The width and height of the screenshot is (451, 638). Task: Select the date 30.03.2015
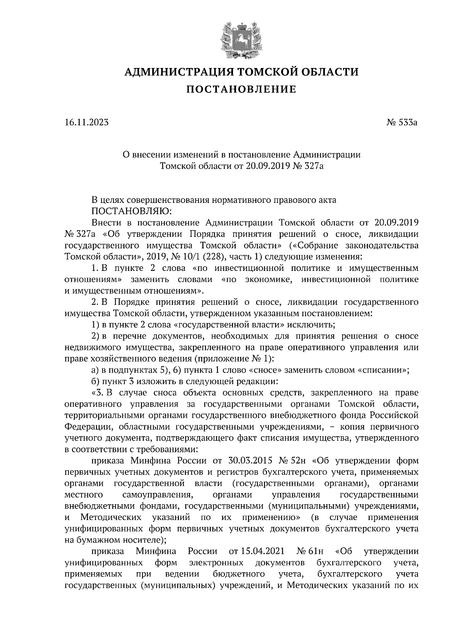250,461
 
